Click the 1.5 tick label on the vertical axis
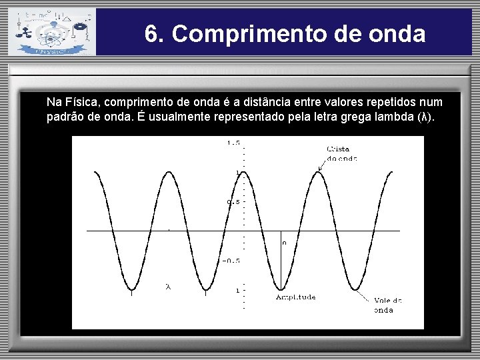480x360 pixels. (x=233, y=143)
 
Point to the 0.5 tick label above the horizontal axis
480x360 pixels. (x=233, y=202)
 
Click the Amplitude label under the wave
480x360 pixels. (x=295, y=297)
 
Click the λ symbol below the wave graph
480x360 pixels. (x=168, y=287)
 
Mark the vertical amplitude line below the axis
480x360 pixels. (x=281, y=263)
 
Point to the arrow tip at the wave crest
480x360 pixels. (x=319, y=170)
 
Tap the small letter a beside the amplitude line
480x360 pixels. (x=285, y=243)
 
